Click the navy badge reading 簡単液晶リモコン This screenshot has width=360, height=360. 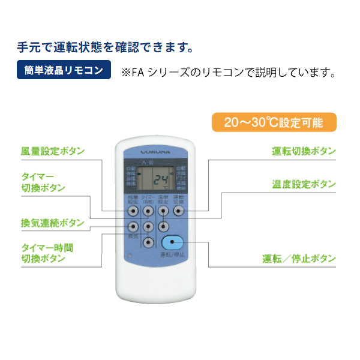click(64, 70)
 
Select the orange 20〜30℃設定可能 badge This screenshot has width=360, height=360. click(274, 123)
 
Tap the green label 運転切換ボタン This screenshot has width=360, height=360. click(304, 151)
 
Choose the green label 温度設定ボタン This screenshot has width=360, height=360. click(304, 184)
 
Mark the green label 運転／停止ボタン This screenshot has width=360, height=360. click(299, 259)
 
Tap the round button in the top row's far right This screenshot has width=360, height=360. click(178, 211)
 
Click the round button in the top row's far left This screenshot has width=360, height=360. click(133, 211)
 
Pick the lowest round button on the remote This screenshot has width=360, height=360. click(148, 242)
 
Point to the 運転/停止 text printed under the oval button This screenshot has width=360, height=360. click(173, 256)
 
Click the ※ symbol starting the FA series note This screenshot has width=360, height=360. click(126, 73)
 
